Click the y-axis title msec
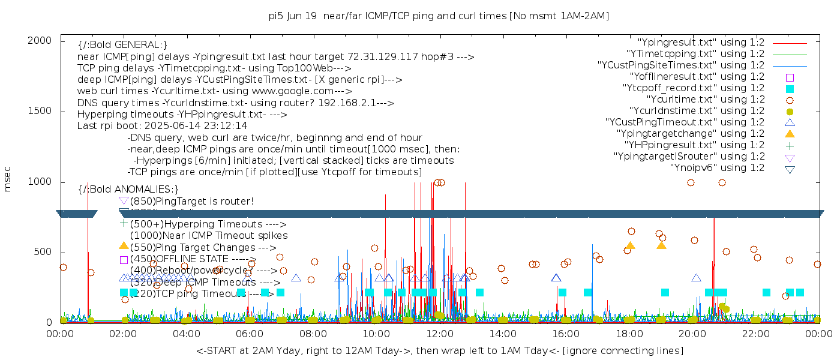(x=8, y=179)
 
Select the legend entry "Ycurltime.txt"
(x=705, y=100)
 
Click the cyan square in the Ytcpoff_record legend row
(x=790, y=88)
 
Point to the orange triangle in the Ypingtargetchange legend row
(x=790, y=133)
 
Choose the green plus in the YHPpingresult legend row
(x=790, y=145)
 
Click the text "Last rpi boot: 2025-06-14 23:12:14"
(x=163, y=126)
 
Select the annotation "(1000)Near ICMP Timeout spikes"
(x=209, y=236)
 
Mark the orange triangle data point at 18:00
(x=630, y=245)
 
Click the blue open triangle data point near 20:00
(x=696, y=278)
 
